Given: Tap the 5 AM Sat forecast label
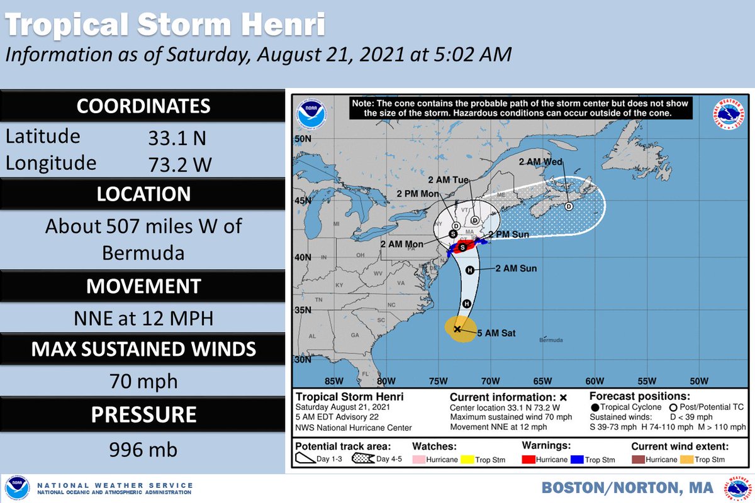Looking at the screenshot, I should point(497,333).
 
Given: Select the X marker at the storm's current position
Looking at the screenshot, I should point(457,329).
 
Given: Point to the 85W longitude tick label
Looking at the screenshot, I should point(333,381).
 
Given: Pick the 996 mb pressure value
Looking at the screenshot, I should point(143,450).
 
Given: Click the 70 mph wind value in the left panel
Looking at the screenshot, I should point(143,381).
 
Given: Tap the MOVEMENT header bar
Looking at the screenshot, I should point(143,286).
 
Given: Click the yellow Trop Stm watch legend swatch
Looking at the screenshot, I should point(468,460).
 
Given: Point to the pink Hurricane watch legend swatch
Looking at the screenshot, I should point(421,460).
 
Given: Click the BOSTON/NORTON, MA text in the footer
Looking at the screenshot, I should point(627,488).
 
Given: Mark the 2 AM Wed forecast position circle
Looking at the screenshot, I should point(569,206).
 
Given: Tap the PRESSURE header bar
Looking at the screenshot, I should point(143,415).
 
